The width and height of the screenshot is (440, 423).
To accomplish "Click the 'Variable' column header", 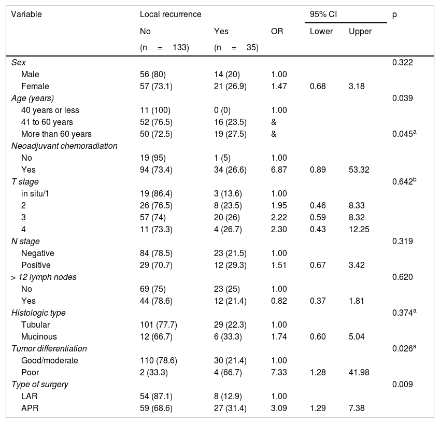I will pyautogui.click(x=26, y=15).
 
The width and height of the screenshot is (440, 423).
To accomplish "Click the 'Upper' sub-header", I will pyautogui.click(x=360, y=32).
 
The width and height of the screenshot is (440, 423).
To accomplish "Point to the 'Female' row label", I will pyautogui.click(x=34, y=86).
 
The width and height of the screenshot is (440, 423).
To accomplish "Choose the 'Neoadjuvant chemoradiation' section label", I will pyautogui.click(x=64, y=146).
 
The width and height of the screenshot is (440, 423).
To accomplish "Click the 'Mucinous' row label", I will pyautogui.click(x=37, y=337).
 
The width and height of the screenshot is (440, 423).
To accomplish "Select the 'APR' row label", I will pyautogui.click(x=30, y=408).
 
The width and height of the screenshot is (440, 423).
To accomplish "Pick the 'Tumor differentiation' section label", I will pyautogui.click(x=49, y=349).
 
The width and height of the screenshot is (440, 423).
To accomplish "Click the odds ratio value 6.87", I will pyautogui.click(x=279, y=170).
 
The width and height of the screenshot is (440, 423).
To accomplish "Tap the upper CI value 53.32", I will pyautogui.click(x=359, y=170).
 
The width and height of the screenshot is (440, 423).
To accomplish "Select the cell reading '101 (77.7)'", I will pyautogui.click(x=159, y=325).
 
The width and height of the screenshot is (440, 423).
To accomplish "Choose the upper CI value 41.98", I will pyautogui.click(x=359, y=373).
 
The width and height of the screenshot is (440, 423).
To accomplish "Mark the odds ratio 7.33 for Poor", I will pyautogui.click(x=279, y=373).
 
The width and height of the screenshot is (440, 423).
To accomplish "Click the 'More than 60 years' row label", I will pyautogui.click(x=56, y=134).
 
